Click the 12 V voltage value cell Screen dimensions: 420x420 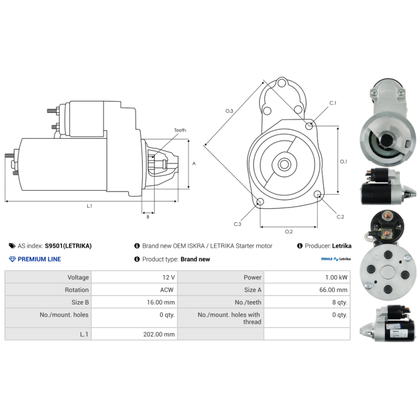pos(169,277)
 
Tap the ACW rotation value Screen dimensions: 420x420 pos(168,290)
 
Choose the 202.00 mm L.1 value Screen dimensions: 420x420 pos(159,334)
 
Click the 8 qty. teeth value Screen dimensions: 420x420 pos(339,302)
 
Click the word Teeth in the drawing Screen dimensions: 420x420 pos(180,130)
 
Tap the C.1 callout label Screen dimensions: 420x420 pos(332,103)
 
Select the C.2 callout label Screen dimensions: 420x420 pos(340,217)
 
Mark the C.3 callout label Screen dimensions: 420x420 pos(237,224)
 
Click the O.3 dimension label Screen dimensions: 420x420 pos(229,111)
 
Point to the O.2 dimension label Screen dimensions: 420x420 pos(288,232)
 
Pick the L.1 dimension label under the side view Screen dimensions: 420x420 pos(89,206)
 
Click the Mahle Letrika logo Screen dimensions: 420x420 pos(336,259)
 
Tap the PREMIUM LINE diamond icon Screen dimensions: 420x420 pos(13,259)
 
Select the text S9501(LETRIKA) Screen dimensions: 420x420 pos(68,246)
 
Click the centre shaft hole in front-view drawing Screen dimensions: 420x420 pos(284,164)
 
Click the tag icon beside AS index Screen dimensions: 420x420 pos(12,246)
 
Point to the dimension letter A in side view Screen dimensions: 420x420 pos(194,164)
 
